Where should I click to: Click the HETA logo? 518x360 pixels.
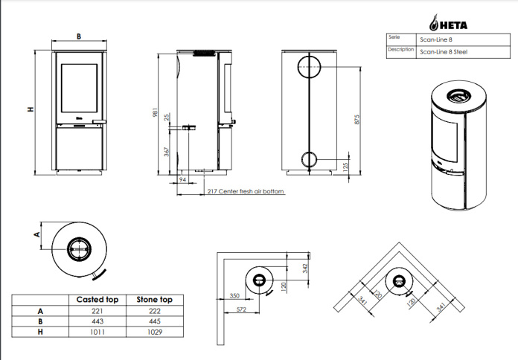coord(448,23)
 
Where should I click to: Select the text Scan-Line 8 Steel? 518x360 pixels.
coord(444,52)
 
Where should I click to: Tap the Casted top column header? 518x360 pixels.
coord(97,300)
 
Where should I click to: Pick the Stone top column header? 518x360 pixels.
coord(155,300)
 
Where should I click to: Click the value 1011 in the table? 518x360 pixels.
coord(97,332)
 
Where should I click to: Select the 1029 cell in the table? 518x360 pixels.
coord(155,332)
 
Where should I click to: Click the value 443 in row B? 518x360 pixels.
coord(97,321)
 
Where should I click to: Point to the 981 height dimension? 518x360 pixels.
coord(155,112)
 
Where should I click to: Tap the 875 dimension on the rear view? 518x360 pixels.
coord(356,120)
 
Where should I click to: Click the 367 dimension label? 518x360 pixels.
coord(167,152)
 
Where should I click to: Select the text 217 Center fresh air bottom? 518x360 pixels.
coord(246,191)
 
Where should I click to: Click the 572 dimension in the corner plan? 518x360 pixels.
coord(241,309)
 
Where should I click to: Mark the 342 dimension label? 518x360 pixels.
coord(305,268)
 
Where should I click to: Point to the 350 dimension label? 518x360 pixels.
coord(234,295)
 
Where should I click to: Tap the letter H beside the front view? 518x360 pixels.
coord(31,109)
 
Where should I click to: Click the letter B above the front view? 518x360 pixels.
coord(79,36)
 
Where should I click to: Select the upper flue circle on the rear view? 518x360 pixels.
coord(309,67)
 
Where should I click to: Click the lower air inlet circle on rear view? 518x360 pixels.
coord(309,160)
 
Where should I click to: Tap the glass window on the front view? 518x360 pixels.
coord(80,89)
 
